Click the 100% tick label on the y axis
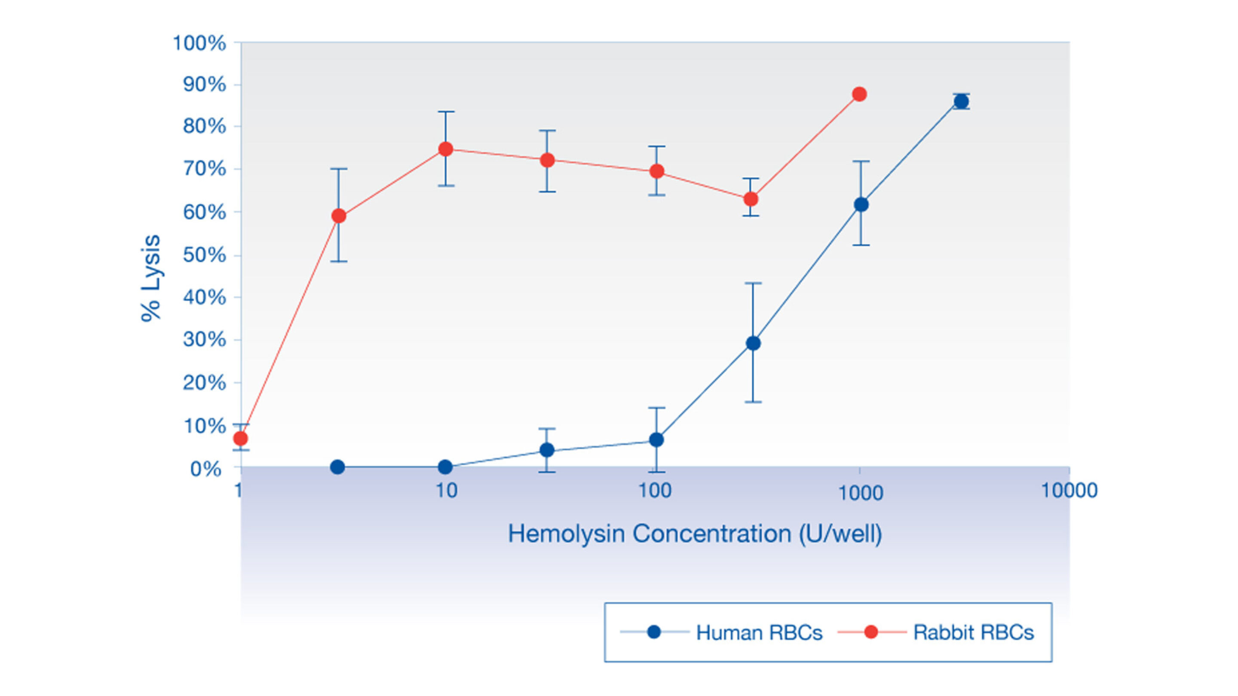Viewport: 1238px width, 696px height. [x=199, y=43]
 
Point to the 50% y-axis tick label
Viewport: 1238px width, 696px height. [x=204, y=255]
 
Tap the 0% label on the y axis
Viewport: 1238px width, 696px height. [x=206, y=469]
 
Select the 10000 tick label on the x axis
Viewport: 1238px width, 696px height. [x=1069, y=490]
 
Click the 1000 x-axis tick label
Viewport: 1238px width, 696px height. [x=860, y=493]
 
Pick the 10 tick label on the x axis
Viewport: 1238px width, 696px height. [x=446, y=490]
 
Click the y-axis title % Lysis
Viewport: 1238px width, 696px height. [x=151, y=278]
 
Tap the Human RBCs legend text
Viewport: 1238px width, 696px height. [x=759, y=632]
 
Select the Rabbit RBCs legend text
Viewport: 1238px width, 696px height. [x=973, y=632]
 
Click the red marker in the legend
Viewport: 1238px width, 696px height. [x=870, y=632]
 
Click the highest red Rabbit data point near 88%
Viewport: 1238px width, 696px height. [x=859, y=94]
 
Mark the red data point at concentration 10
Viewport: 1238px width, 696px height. [x=446, y=149]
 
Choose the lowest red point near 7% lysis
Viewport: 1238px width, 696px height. [x=240, y=439]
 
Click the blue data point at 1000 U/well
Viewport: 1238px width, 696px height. [x=861, y=205]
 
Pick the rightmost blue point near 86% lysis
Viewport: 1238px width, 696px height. [x=961, y=101]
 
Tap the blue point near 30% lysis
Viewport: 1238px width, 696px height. [x=753, y=343]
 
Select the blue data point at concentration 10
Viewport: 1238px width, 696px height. [x=445, y=467]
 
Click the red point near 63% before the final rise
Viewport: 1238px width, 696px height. [x=751, y=199]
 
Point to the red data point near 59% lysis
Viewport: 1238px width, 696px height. [x=339, y=216]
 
